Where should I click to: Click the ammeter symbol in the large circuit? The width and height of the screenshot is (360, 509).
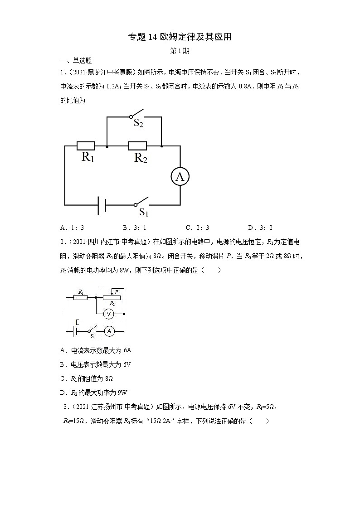tap(180, 177)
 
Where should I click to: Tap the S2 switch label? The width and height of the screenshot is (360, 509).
tap(138, 122)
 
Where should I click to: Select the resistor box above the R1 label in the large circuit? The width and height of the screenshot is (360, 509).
tap(86, 145)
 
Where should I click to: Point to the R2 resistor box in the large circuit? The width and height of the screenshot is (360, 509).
tap(137, 145)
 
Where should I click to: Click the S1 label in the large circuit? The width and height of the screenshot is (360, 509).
tap(144, 212)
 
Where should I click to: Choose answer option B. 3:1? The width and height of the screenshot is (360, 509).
tap(134, 228)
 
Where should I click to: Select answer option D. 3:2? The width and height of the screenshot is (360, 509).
tap(260, 228)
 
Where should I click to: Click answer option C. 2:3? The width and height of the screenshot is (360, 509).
tap(197, 228)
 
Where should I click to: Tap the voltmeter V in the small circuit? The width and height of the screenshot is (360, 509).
tap(108, 314)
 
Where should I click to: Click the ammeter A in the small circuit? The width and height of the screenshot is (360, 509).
tap(109, 331)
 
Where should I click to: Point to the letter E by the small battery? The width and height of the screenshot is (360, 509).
tap(78, 322)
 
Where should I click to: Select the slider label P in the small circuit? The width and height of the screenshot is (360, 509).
tap(117, 292)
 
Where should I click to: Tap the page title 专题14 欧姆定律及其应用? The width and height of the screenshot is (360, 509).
tap(180, 37)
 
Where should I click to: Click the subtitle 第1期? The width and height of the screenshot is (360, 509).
tap(180, 51)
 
